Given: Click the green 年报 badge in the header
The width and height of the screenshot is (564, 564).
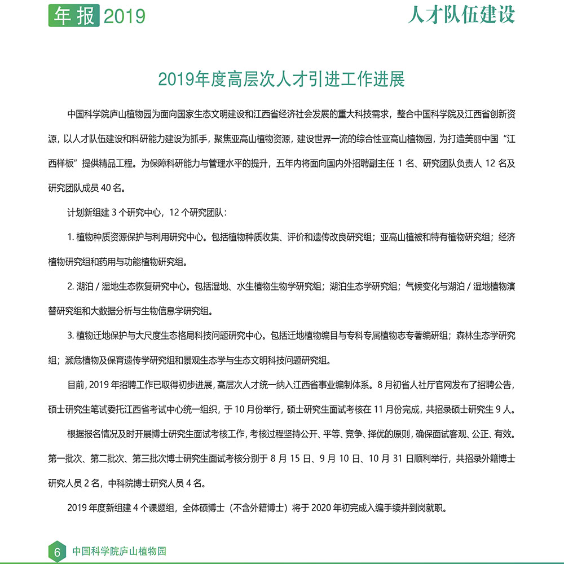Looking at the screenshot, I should click(73, 15).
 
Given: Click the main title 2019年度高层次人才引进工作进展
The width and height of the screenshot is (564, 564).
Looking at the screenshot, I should click(281, 79).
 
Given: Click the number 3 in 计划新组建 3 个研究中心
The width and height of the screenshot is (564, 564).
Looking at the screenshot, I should click(113, 213).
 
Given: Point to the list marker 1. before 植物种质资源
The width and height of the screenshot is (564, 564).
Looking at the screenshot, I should click(70, 237).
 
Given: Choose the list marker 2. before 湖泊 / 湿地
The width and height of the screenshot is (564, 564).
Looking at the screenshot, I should click(71, 286).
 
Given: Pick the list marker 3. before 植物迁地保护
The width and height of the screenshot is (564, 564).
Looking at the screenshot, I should click(71, 335).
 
